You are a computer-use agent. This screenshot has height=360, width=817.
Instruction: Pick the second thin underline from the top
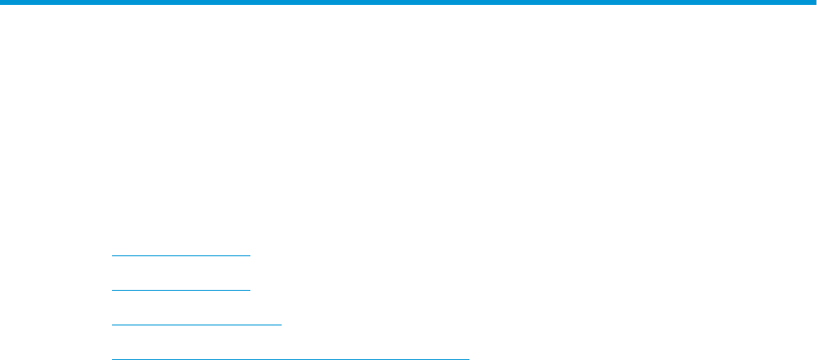point(180,289)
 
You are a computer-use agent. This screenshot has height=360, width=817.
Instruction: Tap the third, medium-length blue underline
point(196,325)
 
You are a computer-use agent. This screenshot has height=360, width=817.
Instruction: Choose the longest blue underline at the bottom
point(290,358)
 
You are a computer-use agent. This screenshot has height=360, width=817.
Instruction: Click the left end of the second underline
point(112,289)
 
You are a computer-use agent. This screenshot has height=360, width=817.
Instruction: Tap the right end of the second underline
point(249,289)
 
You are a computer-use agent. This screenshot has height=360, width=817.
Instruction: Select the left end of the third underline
point(112,325)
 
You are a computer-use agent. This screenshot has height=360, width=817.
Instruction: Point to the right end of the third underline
point(281,325)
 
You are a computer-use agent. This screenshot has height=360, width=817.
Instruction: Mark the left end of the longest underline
point(112,358)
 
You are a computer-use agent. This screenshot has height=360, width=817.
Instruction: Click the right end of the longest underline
point(468,358)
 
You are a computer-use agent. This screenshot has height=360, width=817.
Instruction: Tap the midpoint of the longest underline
point(290,358)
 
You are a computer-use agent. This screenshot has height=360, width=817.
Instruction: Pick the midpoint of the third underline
point(196,325)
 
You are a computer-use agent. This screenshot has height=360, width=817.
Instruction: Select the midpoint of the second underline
point(180,289)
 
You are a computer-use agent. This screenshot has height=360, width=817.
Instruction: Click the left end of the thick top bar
point(2,2)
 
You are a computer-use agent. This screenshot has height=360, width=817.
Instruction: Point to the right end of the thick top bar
point(815,2)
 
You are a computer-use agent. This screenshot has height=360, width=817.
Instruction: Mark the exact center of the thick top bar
point(408,2)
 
